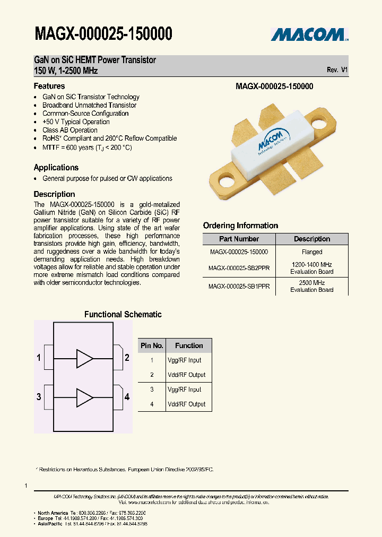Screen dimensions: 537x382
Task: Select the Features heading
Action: coord(49,86)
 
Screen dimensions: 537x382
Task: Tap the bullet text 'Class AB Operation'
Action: coord(70,130)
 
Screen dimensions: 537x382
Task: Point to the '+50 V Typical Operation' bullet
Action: coord(76,122)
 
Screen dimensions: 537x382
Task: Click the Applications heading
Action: coord(56,167)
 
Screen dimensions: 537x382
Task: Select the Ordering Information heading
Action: coord(240,226)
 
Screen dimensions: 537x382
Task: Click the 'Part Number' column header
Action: coord(239,239)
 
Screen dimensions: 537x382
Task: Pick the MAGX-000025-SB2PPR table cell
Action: coord(239,268)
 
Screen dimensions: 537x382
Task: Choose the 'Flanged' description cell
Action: coord(312,253)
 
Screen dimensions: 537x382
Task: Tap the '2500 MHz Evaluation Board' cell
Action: coord(312,287)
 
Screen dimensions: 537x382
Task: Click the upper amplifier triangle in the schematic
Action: coord(84,358)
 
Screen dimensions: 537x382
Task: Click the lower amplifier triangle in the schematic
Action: coord(84,397)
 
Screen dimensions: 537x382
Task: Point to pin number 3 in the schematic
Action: coord(39,397)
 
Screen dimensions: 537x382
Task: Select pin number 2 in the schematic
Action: coord(127,358)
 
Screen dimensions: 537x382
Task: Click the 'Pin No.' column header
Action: coord(152,345)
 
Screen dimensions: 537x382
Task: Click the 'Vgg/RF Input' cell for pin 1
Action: coord(184,360)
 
